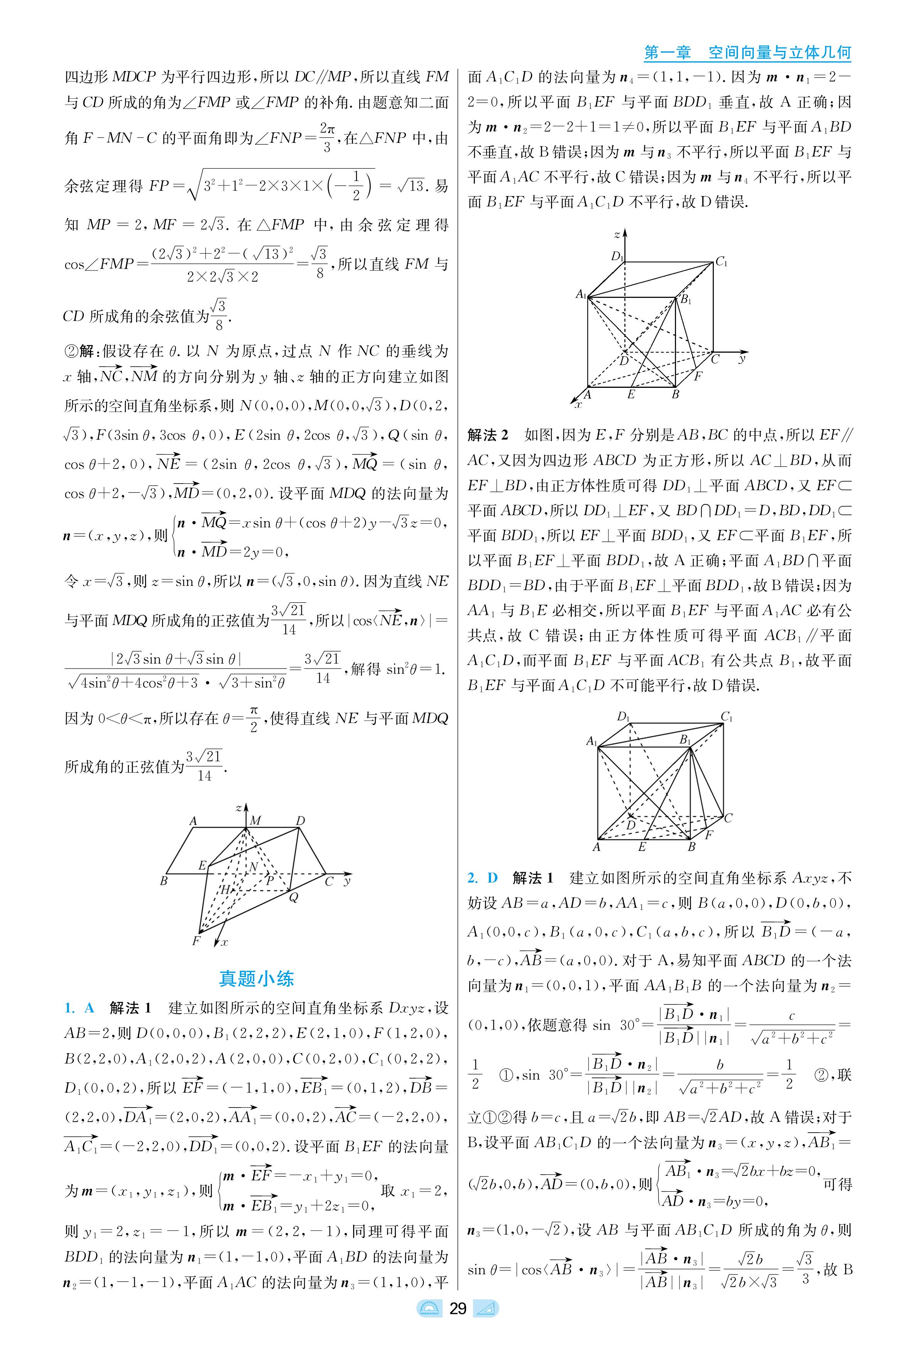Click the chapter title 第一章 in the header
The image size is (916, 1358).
(x=667, y=52)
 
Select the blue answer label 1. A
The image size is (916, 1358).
(x=79, y=1008)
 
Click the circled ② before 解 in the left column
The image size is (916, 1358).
(x=70, y=351)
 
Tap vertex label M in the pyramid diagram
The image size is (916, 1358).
(x=255, y=821)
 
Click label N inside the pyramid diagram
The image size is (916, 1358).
(x=254, y=867)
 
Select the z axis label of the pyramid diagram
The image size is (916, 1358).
(x=238, y=808)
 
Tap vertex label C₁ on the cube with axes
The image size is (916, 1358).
(x=722, y=262)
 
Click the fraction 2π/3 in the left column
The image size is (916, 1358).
(x=326, y=137)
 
